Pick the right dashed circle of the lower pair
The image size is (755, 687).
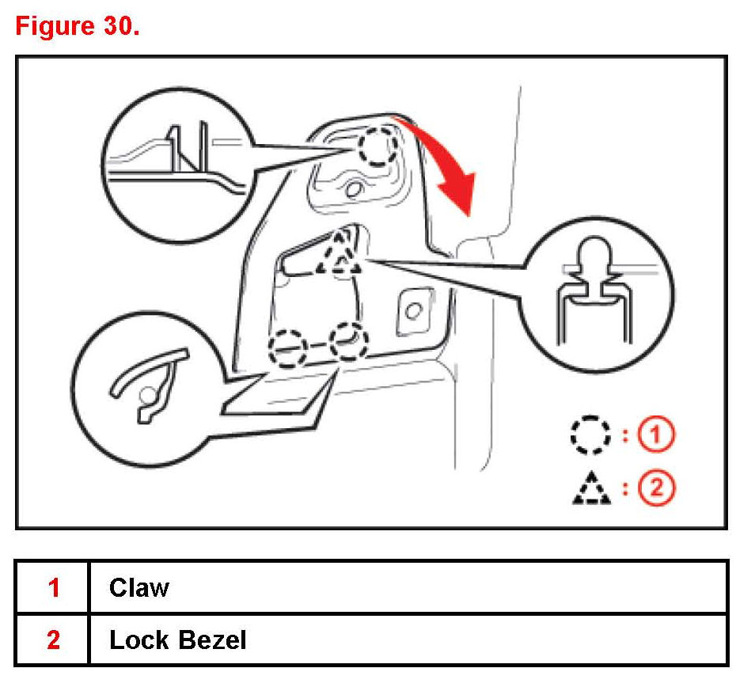click(348, 342)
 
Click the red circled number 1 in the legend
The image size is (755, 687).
click(658, 434)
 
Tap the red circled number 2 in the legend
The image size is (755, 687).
click(658, 488)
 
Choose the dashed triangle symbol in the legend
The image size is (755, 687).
click(590, 488)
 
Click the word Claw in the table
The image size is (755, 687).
click(139, 587)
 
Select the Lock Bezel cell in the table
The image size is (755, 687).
click(178, 640)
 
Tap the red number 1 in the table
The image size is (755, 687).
click(53, 587)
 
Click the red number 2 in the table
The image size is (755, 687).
click(53, 640)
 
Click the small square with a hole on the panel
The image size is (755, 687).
click(412, 309)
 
